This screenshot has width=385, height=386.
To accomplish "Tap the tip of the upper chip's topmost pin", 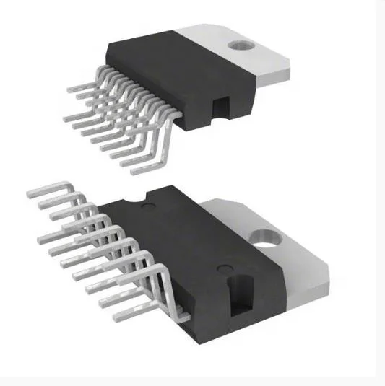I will point(70,89).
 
